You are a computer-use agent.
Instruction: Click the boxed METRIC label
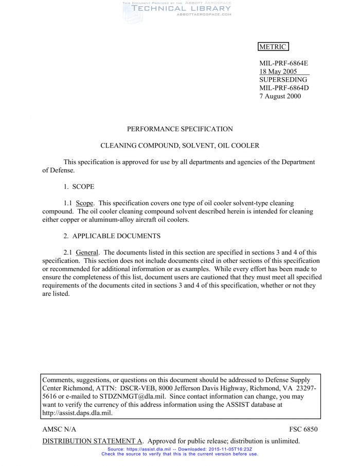click(273, 47)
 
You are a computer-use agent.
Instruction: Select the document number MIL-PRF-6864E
click(283, 63)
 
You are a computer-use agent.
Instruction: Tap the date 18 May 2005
click(278, 71)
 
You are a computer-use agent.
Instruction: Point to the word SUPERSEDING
click(282, 80)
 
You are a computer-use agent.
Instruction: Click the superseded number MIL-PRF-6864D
click(284, 88)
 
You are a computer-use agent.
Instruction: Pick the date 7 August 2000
click(280, 96)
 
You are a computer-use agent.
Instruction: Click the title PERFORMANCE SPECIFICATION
click(180, 129)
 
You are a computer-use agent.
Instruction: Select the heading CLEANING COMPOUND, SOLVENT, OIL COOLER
click(180, 146)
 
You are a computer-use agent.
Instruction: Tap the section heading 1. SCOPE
click(79, 187)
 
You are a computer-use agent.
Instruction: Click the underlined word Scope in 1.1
click(84, 203)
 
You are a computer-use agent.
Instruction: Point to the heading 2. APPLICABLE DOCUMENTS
click(112, 236)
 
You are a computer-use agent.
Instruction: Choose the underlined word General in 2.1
click(87, 253)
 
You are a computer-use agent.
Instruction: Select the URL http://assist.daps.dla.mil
click(77, 413)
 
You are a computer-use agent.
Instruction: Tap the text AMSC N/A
click(59, 429)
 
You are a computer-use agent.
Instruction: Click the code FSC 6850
click(303, 429)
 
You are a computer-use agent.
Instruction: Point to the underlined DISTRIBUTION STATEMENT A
click(92, 441)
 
